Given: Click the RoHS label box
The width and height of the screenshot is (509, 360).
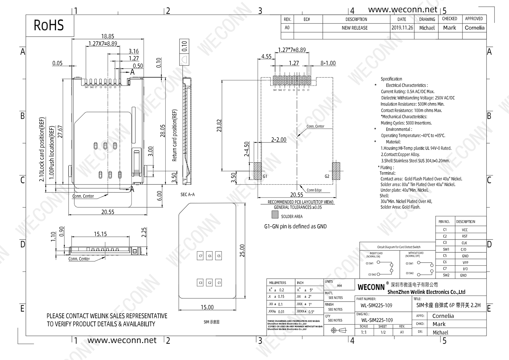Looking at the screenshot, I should click(50, 25).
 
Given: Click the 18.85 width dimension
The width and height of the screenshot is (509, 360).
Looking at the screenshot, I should click(108, 36).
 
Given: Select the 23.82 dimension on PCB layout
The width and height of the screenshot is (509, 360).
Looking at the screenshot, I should click(219, 126).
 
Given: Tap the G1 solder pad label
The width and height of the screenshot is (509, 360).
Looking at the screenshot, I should click(265, 176).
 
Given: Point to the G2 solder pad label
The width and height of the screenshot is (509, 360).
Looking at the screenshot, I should click(327, 176).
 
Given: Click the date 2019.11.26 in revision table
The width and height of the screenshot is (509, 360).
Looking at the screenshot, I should click(402, 28).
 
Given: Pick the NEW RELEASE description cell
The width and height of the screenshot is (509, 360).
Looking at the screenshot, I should click(355, 28).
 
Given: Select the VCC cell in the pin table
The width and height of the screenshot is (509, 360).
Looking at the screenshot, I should click(465, 230).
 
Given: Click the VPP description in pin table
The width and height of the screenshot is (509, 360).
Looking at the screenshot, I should click(465, 262).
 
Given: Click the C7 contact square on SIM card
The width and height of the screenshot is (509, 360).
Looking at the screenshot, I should click(201, 256).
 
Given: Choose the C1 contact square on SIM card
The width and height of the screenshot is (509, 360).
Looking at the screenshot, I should click(219, 283).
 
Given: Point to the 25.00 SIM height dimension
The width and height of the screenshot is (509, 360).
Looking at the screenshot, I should click(242, 251).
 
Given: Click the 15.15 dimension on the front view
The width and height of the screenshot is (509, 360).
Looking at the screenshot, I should click(100, 234).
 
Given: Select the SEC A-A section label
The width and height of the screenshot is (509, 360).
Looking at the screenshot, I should click(188, 194).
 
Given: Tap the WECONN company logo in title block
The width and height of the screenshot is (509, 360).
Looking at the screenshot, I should click(371, 287).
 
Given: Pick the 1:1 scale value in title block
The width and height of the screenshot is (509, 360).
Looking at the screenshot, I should click(364, 332).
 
